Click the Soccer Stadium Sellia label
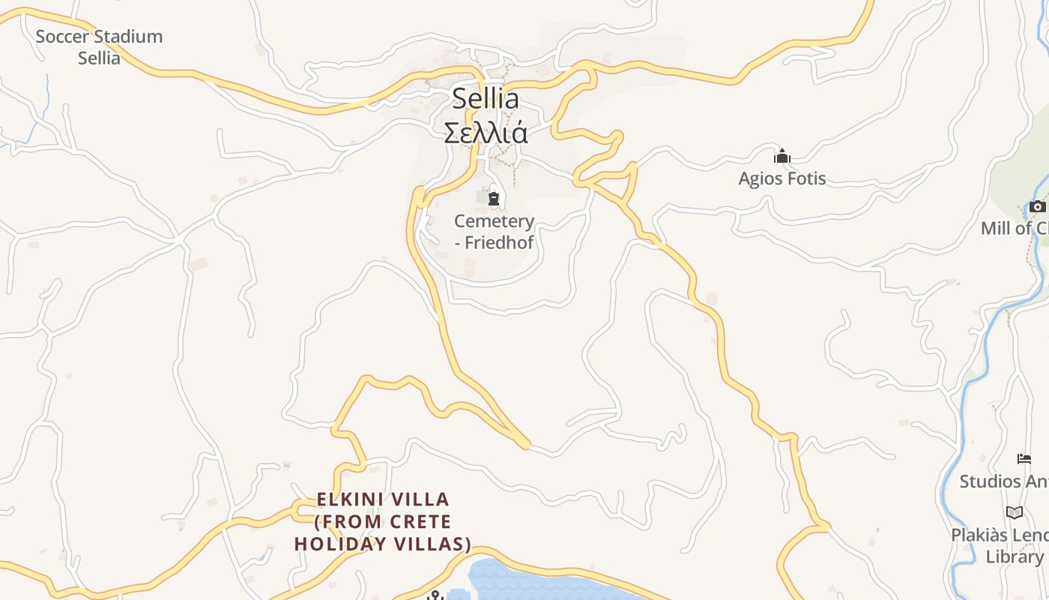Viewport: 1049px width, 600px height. tap(99, 46)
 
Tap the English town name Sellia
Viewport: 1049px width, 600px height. tap(486, 98)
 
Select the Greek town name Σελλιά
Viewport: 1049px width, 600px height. tap(486, 133)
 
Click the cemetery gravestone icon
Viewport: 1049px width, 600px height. tap(494, 199)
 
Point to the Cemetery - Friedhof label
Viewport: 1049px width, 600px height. tap(495, 231)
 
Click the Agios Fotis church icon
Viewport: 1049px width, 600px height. tap(782, 156)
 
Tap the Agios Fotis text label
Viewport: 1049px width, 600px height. tap(782, 178)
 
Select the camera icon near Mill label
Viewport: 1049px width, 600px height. tap(1037, 206)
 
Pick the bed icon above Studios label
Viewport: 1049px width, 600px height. tap(1024, 459)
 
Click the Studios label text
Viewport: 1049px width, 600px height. tap(1004, 481)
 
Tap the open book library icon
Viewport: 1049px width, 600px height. tap(1015, 512)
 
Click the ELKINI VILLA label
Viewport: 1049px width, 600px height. tap(383, 499)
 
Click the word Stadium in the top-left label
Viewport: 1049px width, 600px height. tap(129, 36)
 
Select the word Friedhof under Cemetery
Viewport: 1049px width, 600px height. tap(499, 242)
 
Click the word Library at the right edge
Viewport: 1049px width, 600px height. tap(1014, 556)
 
